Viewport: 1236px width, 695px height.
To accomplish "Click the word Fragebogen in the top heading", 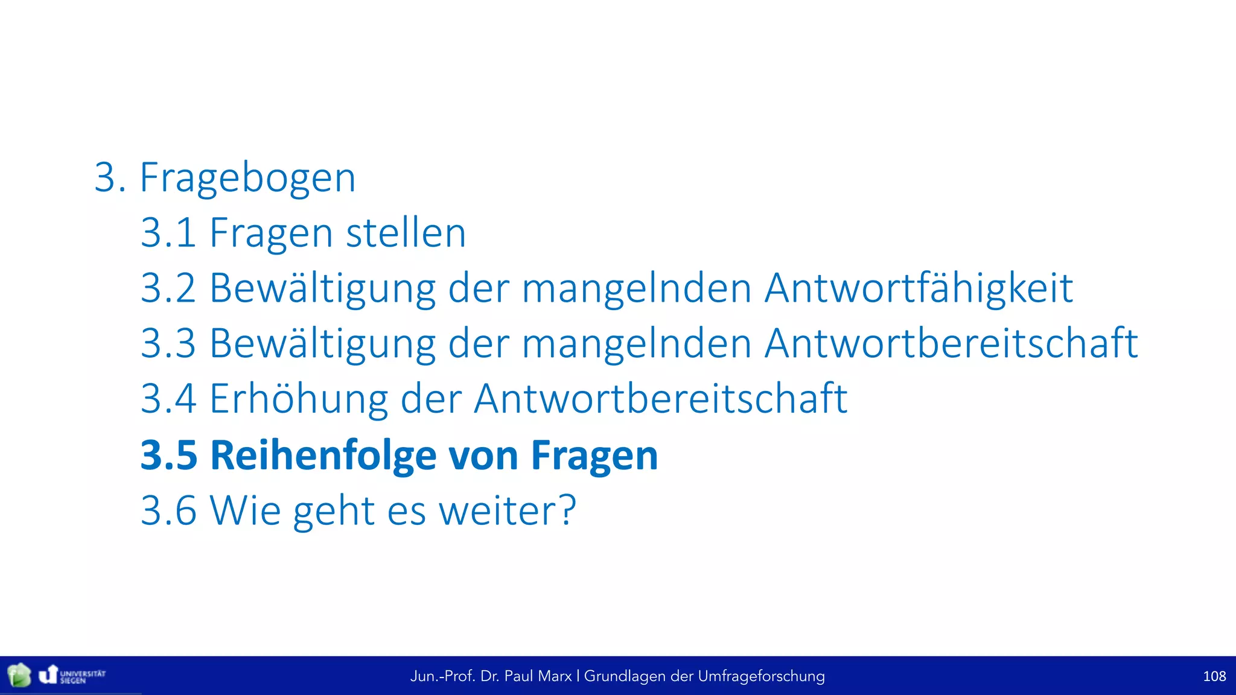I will click(247, 179).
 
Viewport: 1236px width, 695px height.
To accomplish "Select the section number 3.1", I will click(168, 233).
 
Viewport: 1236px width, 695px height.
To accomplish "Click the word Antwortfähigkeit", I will click(919, 288).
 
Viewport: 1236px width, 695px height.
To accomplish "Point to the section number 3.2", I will click(168, 288).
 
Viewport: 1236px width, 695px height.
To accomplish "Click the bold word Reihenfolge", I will click(323, 455).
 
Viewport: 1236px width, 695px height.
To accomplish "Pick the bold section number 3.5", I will click(169, 455).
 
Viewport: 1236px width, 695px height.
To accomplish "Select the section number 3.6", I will click(168, 511).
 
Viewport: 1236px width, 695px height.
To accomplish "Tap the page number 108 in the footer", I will click(1214, 676).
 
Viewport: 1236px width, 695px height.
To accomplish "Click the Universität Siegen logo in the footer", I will click(72, 675).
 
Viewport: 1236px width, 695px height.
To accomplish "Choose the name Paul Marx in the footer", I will click(538, 676).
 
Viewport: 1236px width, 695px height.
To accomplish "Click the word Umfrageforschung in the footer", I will click(761, 676).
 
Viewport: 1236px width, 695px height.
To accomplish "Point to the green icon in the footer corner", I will click(19, 675).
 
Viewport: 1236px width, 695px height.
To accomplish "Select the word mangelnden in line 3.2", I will click(637, 288).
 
